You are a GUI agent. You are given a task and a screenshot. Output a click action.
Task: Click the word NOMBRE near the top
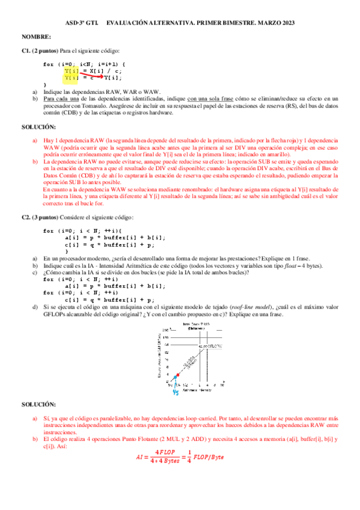click(35, 37)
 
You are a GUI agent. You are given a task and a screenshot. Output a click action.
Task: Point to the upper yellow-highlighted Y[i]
click(72, 70)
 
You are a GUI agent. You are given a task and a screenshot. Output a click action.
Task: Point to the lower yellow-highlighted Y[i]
click(72, 78)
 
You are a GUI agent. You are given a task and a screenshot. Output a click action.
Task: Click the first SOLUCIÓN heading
click(38, 127)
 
